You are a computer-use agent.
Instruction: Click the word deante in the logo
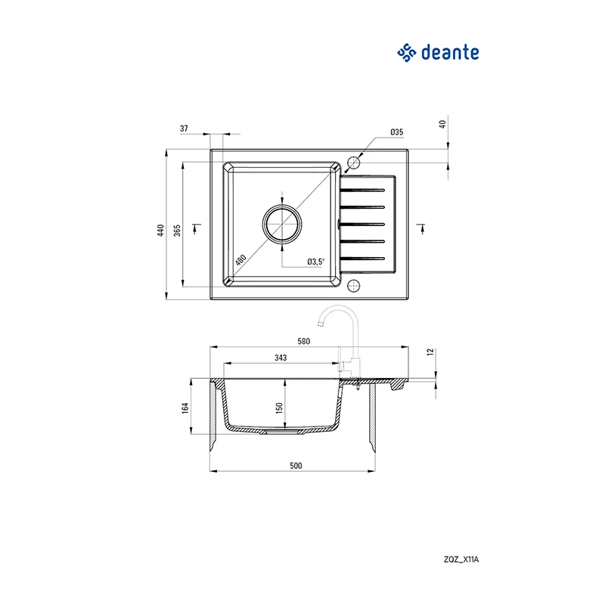click(450, 52)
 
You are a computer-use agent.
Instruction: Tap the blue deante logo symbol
click(407, 53)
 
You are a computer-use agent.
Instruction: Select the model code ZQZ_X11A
click(461, 560)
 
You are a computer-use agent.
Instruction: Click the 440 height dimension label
click(160, 231)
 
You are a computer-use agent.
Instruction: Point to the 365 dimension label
click(177, 231)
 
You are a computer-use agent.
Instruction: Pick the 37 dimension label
click(184, 129)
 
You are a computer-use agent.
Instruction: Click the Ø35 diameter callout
click(396, 132)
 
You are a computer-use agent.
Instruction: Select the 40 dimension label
click(442, 124)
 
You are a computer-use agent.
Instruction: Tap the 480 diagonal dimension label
click(240, 259)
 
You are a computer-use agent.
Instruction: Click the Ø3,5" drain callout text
click(316, 262)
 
